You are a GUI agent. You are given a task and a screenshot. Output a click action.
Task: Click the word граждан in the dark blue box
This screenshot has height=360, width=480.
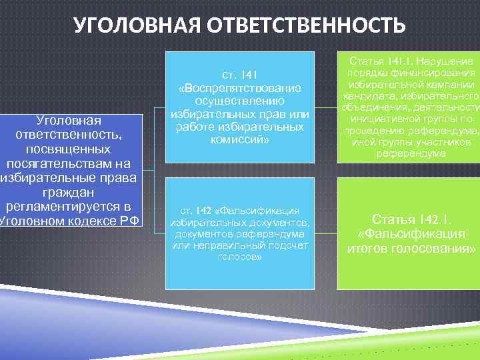click(x=69, y=192)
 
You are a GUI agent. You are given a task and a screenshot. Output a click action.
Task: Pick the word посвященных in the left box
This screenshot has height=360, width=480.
click(x=69, y=149)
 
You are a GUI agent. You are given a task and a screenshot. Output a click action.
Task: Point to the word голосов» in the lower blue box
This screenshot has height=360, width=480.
click(x=239, y=257)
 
